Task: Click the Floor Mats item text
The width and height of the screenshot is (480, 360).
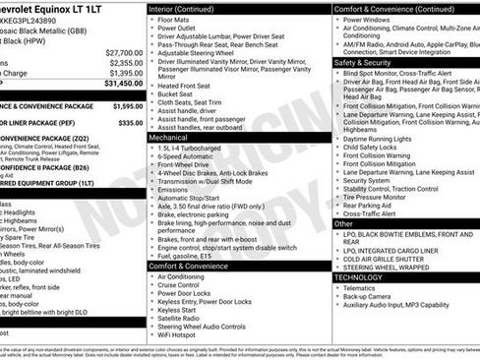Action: click(177, 19)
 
